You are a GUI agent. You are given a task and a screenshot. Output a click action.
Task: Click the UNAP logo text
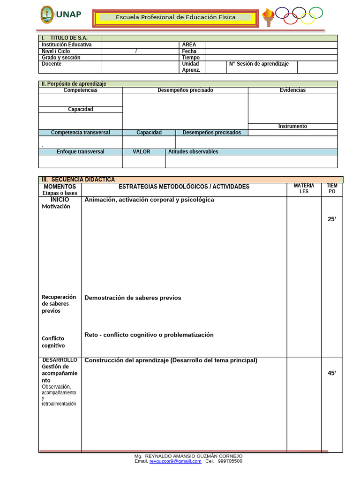(68, 14)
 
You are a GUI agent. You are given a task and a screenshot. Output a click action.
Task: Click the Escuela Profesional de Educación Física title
(176, 17)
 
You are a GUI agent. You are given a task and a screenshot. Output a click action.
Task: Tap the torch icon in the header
(268, 18)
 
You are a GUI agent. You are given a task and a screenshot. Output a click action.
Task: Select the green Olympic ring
(315, 13)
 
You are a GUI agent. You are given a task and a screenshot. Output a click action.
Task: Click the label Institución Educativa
(67, 45)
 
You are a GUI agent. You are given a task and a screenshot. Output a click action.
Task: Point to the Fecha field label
(189, 51)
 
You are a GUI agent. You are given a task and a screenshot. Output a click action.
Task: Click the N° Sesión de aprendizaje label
(259, 64)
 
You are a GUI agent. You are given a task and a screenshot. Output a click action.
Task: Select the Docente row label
(52, 64)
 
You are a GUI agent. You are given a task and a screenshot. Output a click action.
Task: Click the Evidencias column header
(292, 90)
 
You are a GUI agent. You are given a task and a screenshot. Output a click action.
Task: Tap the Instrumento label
(292, 126)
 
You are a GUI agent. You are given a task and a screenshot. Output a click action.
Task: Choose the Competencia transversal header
(81, 133)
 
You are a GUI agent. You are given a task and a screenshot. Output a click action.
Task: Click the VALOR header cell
(141, 152)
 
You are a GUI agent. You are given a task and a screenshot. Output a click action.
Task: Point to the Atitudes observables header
(193, 152)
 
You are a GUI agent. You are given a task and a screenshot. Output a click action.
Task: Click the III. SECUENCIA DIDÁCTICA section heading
(78, 180)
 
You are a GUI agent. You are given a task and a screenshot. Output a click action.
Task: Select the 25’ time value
(332, 219)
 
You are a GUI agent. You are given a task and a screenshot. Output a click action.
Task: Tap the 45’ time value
(332, 373)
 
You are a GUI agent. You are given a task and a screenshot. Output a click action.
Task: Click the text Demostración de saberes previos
(133, 298)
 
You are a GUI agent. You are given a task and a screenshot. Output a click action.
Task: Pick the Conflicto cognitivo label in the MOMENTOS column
(53, 342)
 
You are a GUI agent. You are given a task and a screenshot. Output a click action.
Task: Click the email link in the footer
(175, 461)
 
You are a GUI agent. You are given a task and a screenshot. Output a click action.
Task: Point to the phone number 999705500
(230, 461)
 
